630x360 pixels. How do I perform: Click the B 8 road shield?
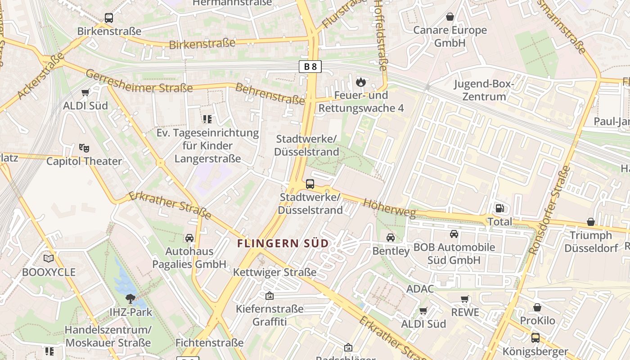click(310, 67)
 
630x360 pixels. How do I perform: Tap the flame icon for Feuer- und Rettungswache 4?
click(360, 82)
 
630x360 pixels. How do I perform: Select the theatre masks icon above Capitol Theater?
click(84, 148)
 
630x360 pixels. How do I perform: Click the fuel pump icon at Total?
click(499, 208)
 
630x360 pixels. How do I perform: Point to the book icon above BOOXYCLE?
click(49, 258)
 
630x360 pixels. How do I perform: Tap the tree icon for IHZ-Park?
click(130, 298)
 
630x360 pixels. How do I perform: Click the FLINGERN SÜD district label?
click(283, 243)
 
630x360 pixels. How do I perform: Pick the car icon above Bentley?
click(391, 237)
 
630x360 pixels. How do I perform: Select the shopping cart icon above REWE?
click(465, 299)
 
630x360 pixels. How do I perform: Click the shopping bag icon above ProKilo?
click(537, 307)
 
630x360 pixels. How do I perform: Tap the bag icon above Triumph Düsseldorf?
click(590, 222)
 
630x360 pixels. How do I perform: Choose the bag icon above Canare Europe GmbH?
click(450, 17)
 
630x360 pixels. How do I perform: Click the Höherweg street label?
click(389, 208)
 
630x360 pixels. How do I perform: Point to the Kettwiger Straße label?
click(274, 272)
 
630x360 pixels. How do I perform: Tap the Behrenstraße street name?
click(270, 94)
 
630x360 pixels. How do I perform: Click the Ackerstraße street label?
click(41, 76)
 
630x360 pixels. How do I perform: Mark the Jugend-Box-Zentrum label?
click(484, 90)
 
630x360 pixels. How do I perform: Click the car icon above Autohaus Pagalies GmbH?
click(189, 238)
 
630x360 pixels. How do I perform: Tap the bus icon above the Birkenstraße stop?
click(109, 18)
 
